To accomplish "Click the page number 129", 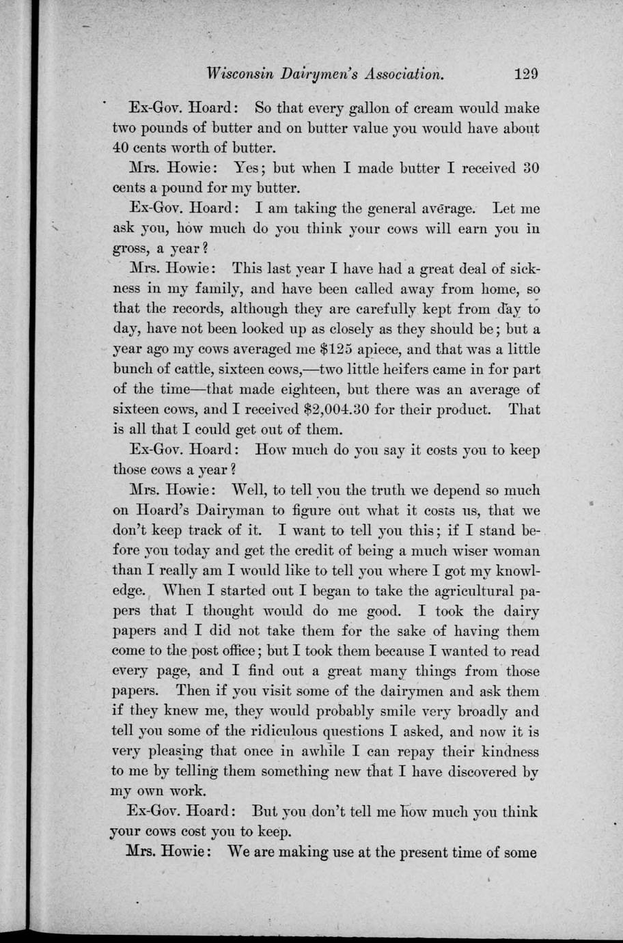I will (527, 73).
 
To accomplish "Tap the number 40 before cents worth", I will (123, 148).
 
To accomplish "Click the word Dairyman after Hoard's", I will (229, 510).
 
